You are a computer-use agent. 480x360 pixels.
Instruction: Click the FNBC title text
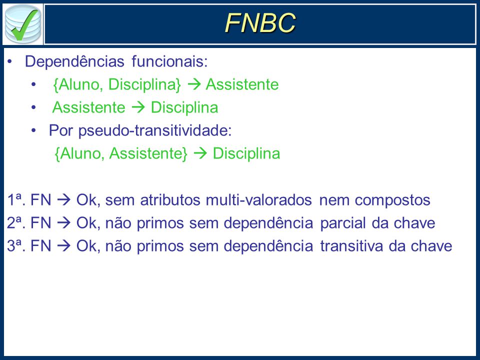[260, 22]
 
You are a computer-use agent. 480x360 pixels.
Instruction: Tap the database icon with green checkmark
[23, 24]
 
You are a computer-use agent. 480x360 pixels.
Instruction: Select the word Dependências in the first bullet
[74, 61]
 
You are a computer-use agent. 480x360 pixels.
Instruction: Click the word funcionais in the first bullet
[169, 61]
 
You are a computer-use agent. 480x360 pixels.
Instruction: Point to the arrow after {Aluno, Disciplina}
[194, 84]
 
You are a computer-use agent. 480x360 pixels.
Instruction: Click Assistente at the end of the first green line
[242, 84]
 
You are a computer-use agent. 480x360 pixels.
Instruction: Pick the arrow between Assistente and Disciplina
[138, 107]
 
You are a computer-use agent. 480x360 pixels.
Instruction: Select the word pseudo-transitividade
[155, 130]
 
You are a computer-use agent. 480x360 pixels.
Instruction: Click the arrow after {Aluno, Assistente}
[200, 153]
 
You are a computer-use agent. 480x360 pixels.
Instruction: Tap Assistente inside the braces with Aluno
[148, 153]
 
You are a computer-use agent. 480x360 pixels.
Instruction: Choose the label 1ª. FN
[29, 200]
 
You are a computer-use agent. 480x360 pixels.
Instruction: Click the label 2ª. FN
[29, 223]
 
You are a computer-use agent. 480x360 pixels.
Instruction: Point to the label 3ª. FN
[29, 246]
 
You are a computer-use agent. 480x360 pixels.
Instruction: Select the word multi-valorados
[258, 200]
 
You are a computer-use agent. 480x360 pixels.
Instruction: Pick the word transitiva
[351, 246]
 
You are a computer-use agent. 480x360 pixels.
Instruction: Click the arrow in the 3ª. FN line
[63, 246]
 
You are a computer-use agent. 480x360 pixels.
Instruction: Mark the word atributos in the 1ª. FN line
[169, 200]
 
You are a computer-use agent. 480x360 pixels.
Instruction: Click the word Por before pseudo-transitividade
[61, 130]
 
